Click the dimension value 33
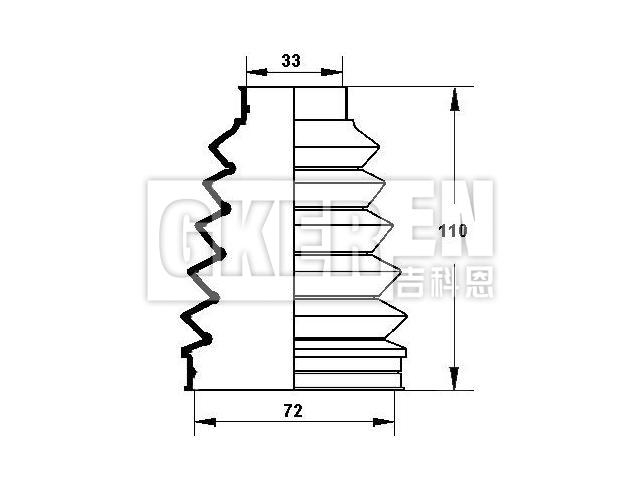click(291, 61)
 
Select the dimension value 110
click(453, 231)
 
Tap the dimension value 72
click(292, 410)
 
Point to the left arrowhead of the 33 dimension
click(251, 72)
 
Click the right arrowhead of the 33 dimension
click(337, 72)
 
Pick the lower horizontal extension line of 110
click(430, 391)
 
